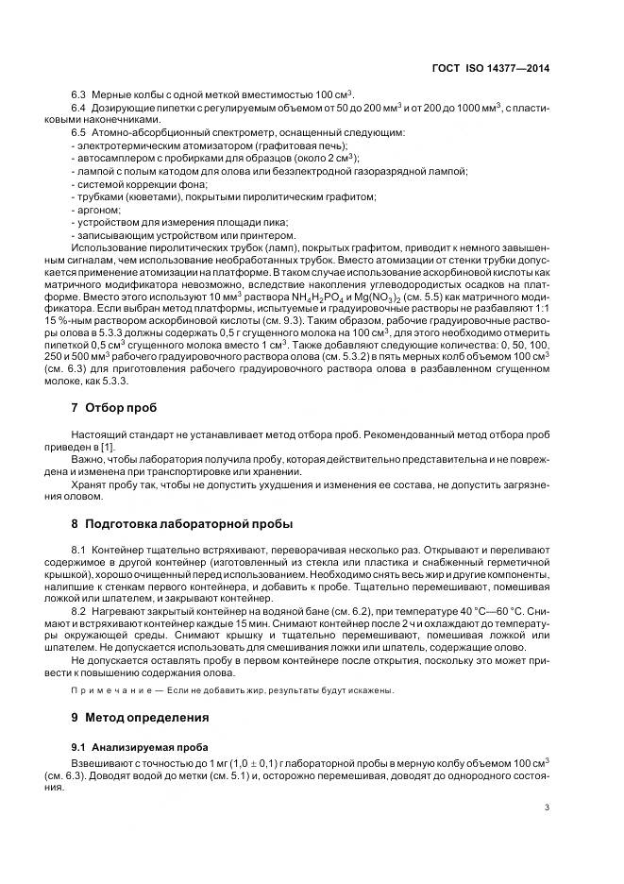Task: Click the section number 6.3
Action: point(79,95)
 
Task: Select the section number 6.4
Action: point(79,109)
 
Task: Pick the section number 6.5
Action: point(79,133)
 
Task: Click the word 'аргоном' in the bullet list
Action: point(98,209)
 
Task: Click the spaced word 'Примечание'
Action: point(105,689)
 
